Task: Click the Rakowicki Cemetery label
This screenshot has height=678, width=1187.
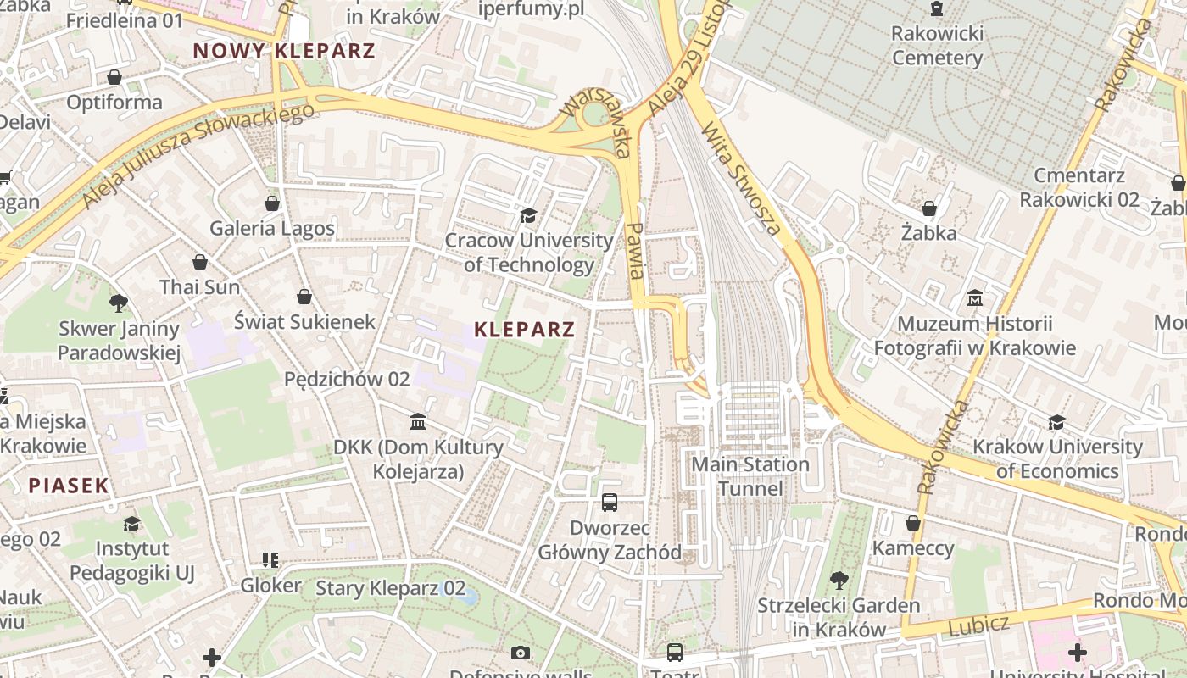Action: click(x=937, y=46)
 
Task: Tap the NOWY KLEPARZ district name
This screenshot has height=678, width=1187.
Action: click(x=283, y=51)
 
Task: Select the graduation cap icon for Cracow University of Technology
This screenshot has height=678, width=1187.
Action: click(x=528, y=216)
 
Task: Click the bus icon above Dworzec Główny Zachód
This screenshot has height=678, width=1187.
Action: click(x=609, y=503)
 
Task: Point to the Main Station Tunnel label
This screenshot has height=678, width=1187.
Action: click(x=750, y=476)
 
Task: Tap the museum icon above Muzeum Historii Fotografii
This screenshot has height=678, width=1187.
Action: click(x=974, y=298)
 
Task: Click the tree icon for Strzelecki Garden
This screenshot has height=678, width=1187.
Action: click(x=839, y=581)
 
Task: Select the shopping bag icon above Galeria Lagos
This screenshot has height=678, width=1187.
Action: click(x=272, y=203)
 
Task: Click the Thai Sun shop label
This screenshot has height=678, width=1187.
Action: click(x=200, y=286)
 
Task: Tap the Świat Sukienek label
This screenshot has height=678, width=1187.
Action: click(x=304, y=321)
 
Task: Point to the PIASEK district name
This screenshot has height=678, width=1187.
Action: click(x=69, y=486)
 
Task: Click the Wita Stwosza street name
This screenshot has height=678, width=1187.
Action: click(x=741, y=179)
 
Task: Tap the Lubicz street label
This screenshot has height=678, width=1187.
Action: click(x=978, y=626)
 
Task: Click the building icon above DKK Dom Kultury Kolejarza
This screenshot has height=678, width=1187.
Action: click(x=417, y=421)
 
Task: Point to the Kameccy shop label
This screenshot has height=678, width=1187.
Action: click(x=913, y=547)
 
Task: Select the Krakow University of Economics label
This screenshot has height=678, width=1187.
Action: click(x=1057, y=458)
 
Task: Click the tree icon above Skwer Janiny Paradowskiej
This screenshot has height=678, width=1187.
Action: click(x=119, y=303)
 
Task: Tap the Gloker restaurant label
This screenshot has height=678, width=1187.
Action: click(x=270, y=585)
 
